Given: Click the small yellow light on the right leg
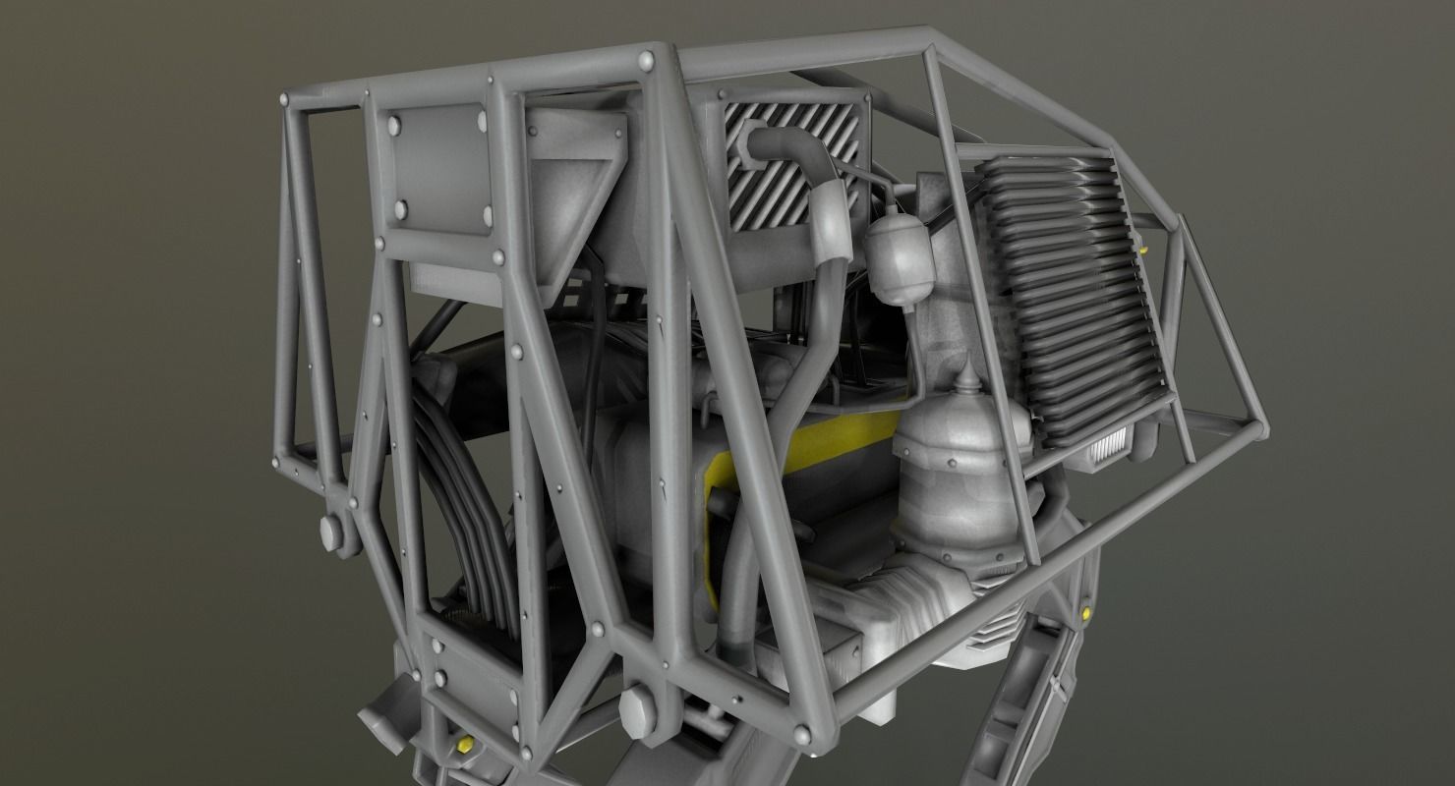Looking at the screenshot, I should (1086, 614).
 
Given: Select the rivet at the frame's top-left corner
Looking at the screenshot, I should (287, 99).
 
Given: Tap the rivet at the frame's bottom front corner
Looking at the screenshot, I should (801, 732).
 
